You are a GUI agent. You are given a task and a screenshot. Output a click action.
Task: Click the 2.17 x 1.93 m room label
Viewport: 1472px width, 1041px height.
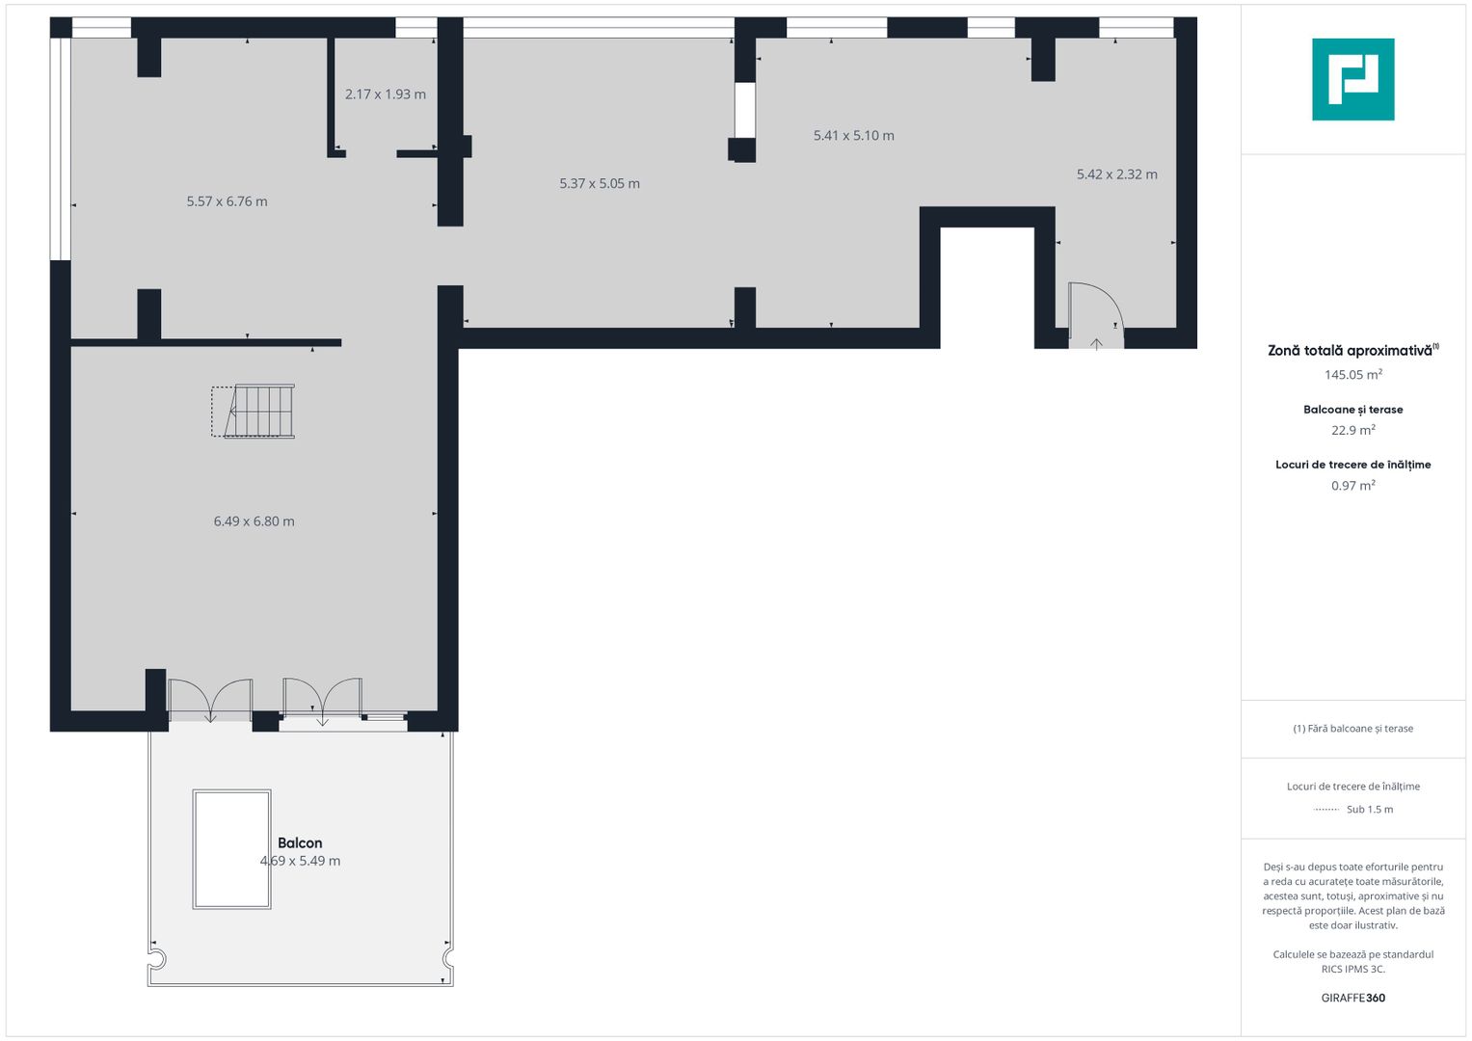tap(386, 94)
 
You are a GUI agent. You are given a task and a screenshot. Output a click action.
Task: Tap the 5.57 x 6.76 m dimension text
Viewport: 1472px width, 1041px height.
tap(227, 201)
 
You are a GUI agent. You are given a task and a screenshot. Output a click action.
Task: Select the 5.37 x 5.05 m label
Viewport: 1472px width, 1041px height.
tap(600, 183)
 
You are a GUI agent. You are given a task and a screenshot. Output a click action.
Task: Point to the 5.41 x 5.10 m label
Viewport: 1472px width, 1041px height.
tap(853, 136)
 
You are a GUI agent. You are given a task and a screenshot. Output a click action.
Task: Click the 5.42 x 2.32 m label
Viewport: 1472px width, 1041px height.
tap(1116, 174)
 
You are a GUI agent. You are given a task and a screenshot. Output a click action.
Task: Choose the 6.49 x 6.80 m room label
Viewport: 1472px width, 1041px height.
tap(254, 521)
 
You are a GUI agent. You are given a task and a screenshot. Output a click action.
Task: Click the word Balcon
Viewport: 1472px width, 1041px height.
tap(300, 842)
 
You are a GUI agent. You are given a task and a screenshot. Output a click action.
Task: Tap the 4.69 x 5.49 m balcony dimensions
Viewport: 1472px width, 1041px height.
tap(301, 861)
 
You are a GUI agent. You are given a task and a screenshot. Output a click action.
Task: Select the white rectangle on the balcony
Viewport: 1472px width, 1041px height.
tap(231, 849)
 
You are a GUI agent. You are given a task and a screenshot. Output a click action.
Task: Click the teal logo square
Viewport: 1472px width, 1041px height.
tap(1352, 79)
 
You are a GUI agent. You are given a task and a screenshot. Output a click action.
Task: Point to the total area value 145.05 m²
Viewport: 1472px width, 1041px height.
tap(1352, 375)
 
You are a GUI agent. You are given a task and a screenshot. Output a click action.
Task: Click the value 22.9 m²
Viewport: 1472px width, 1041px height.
tap(1352, 431)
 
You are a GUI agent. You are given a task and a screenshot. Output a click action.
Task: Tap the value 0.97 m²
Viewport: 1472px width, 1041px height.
tap(1352, 486)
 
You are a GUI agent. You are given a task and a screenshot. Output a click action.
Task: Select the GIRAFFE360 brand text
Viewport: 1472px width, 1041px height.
tap(1352, 998)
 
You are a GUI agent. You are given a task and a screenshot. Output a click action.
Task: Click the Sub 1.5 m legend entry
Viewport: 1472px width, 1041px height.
tap(1369, 810)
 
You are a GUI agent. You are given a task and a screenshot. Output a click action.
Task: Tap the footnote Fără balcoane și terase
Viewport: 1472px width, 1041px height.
tap(1352, 729)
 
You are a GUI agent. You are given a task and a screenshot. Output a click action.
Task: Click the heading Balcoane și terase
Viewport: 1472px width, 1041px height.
tap(1352, 410)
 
